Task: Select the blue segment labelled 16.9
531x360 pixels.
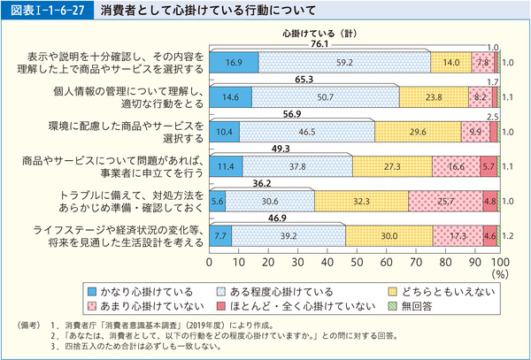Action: click(234, 63)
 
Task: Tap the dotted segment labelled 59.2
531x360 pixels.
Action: click(344, 63)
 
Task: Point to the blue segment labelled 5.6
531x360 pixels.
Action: click(217, 200)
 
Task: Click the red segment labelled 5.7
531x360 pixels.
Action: click(488, 165)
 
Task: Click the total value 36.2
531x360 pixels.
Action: click(261, 182)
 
